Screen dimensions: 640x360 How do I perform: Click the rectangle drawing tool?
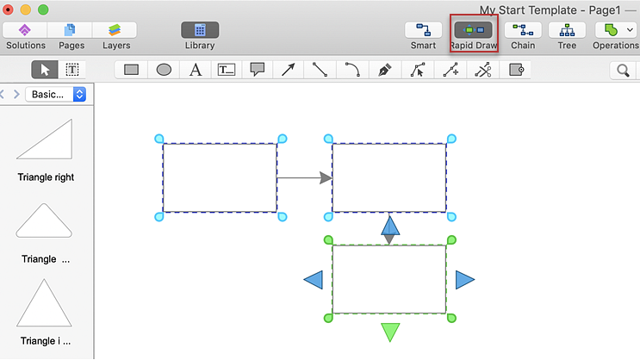point(131,70)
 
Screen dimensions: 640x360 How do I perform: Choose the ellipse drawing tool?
point(164,70)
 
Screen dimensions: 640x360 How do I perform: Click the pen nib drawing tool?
point(384,70)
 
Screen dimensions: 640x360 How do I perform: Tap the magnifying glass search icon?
point(623,71)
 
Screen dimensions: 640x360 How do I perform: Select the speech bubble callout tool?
point(258,70)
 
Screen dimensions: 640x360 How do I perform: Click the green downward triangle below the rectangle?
point(390,332)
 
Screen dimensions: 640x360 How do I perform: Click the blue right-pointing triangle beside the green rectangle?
point(465,280)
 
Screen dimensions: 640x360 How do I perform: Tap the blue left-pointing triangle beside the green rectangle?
point(314,280)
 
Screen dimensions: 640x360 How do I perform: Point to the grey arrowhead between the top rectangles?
point(326,178)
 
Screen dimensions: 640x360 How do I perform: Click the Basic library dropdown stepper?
point(79,94)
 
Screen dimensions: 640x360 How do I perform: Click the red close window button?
point(8,9)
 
